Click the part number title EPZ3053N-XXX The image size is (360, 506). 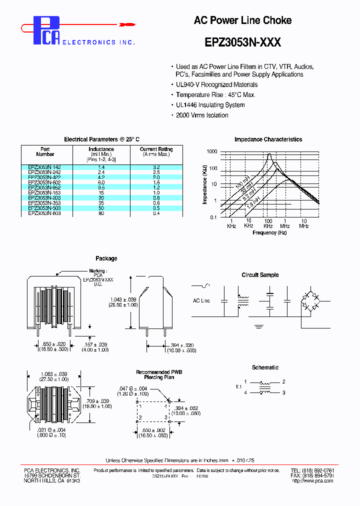(242, 42)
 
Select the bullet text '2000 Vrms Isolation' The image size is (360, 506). (202, 115)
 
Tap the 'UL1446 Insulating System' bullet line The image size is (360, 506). (210, 105)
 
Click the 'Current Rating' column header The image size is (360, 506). (156, 149)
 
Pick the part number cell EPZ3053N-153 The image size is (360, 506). (45, 192)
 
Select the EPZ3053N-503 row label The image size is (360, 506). (45, 208)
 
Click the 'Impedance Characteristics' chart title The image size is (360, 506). (268, 139)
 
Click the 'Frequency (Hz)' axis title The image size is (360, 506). (269, 232)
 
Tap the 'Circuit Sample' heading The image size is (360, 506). (260, 275)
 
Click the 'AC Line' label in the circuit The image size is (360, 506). (201, 300)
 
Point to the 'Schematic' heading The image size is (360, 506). (265, 367)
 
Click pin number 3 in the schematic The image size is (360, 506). (283, 392)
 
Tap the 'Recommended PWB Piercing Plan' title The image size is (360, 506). (159, 375)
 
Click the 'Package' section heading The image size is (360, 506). (106, 258)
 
